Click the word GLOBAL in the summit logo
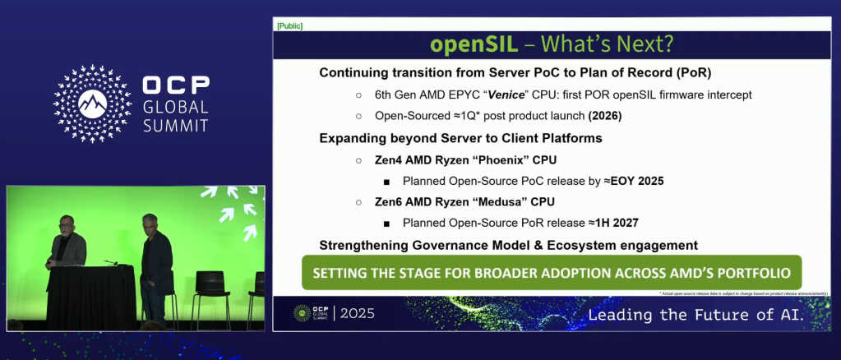pyautogui.click(x=175, y=106)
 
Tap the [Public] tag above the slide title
pyautogui.click(x=289, y=26)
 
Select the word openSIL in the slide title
pyautogui.click(x=466, y=44)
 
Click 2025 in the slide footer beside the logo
pyautogui.click(x=358, y=313)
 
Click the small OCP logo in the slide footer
pyautogui.click(x=312, y=313)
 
